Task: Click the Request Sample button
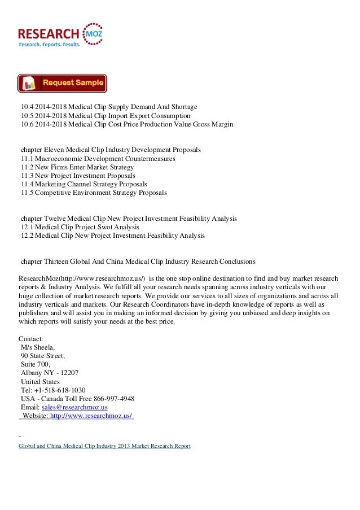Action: click(62, 84)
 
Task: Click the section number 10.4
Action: click(27, 107)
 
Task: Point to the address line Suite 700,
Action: click(36, 364)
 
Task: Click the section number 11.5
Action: click(27, 193)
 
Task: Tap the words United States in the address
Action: click(40, 381)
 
